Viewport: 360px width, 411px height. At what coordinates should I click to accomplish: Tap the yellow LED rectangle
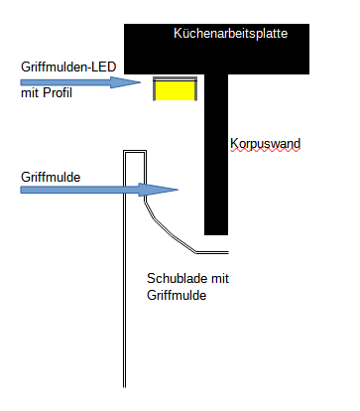pos(173,91)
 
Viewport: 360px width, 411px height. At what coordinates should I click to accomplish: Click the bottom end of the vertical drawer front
pos(125,384)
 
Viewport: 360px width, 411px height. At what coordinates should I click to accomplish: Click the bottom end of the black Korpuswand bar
pos(216,230)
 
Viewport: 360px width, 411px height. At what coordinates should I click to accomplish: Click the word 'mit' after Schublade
pos(219,278)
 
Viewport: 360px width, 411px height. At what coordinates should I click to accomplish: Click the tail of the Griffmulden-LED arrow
pos(25,83)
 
